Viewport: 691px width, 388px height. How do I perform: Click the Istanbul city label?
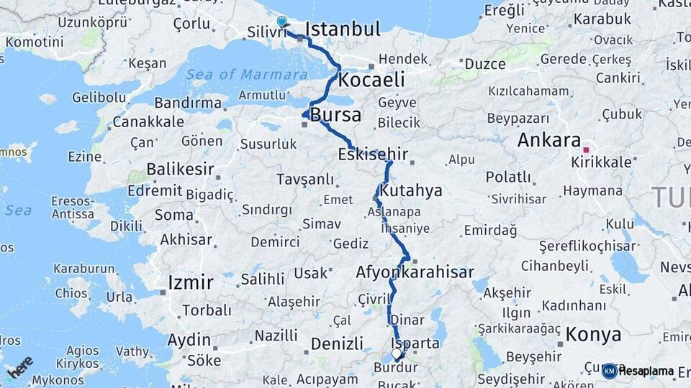point(343,29)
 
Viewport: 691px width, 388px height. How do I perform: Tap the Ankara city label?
point(548,140)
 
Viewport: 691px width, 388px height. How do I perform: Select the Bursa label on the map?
point(335,115)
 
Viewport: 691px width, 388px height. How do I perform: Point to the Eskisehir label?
point(373,154)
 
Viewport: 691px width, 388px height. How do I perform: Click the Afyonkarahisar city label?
point(415,273)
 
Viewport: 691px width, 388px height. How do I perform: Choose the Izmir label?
point(190,282)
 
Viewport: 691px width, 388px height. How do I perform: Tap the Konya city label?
point(593,335)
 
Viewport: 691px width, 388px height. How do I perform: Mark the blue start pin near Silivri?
point(281,23)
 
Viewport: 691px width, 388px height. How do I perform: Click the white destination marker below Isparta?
point(397,354)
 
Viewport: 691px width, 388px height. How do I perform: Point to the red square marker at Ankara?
point(586,150)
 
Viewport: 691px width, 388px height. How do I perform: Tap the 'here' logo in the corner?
point(19,367)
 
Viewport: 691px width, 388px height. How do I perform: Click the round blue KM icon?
point(609,371)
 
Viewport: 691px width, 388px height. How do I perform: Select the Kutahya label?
point(410,192)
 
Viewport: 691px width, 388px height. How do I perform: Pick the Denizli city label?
point(337,344)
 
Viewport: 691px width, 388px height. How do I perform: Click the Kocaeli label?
point(371,79)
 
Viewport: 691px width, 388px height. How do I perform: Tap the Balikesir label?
point(180,170)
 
